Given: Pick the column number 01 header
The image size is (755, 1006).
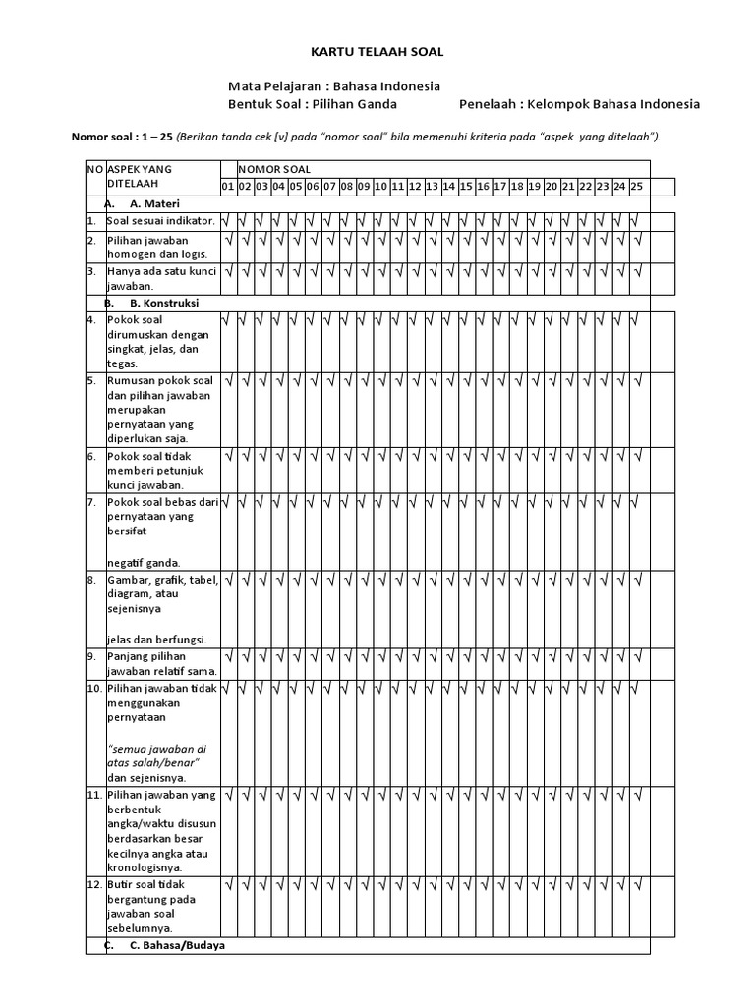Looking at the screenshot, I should click(x=228, y=186).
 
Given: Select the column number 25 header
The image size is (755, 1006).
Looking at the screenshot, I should click(x=636, y=186).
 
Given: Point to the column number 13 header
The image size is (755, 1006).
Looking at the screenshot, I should click(x=432, y=186).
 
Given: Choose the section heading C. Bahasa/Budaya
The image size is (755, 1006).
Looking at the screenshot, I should click(x=177, y=945).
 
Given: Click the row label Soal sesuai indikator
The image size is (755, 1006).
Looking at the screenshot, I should click(x=160, y=222).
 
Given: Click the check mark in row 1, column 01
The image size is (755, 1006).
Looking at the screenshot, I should click(x=228, y=222).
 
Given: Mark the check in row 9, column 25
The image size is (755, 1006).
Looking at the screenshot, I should click(x=636, y=655).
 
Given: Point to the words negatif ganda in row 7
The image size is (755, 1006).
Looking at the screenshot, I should click(x=144, y=563).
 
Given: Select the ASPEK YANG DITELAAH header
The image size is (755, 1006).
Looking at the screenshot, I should click(x=139, y=176).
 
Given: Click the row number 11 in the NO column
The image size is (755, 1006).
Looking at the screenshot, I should click(x=93, y=794).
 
